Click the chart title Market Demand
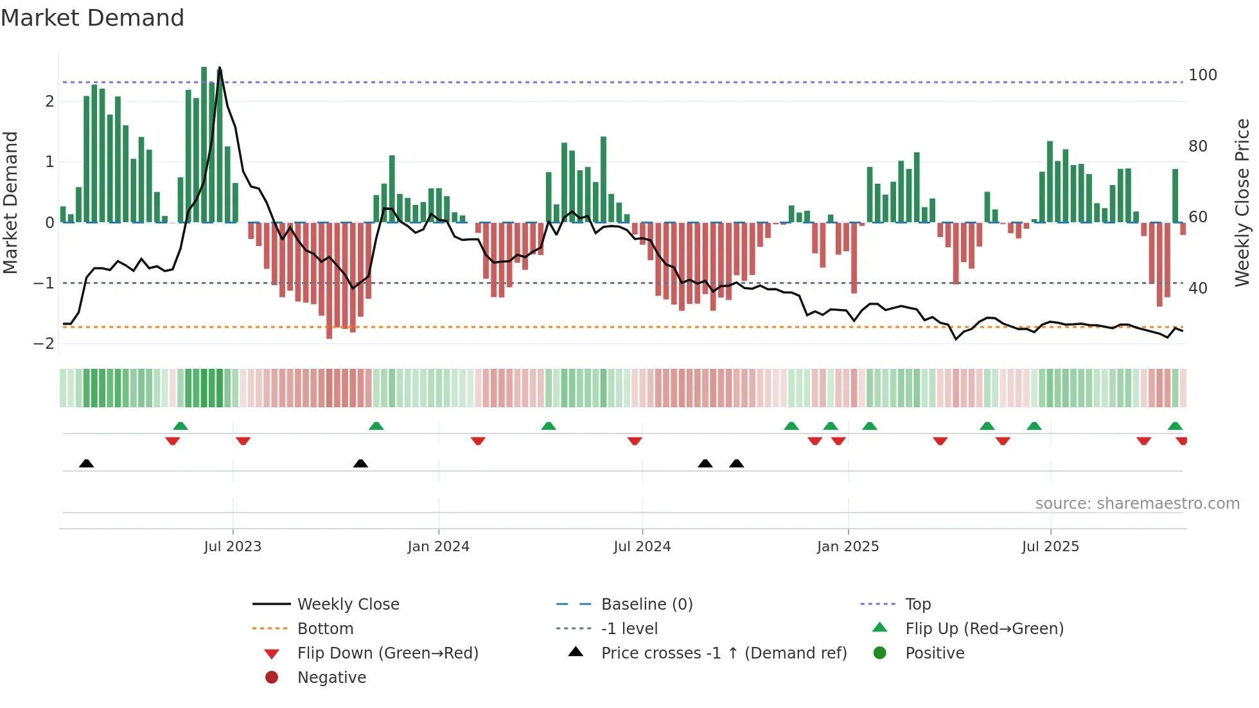92,18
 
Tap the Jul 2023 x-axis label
233,547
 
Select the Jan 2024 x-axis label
438,547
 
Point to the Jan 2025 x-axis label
847,547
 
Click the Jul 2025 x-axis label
1050,547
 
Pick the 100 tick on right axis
1202,75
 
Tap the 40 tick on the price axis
1197,288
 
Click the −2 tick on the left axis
44,344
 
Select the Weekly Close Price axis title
1242,202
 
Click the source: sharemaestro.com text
1137,504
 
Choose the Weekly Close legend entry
348,605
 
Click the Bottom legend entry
325,629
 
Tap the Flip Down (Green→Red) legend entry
387,653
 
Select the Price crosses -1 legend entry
723,653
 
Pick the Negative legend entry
331,678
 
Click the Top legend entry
917,605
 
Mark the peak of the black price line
220,67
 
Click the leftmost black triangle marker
86,463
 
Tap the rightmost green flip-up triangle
1175,426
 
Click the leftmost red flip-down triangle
172,441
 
